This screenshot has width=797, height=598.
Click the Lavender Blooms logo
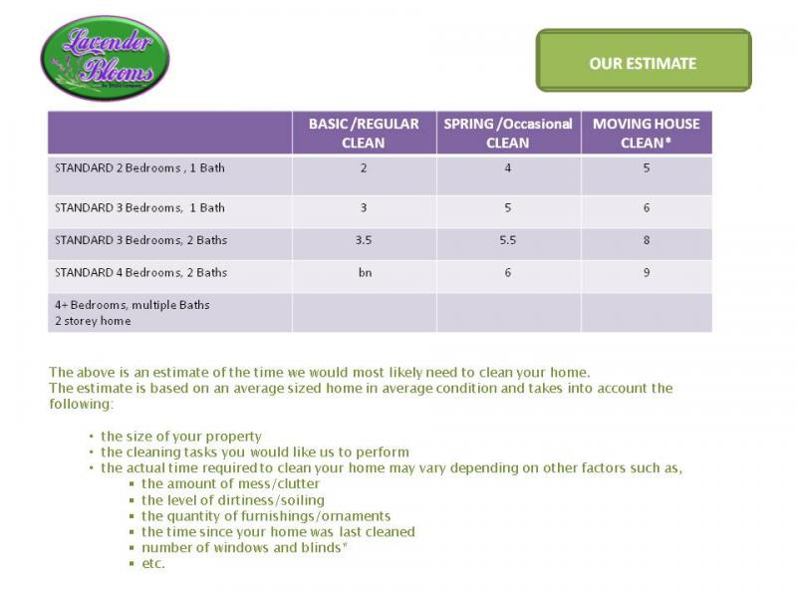(x=105, y=58)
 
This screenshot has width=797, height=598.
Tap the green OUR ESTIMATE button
(x=643, y=63)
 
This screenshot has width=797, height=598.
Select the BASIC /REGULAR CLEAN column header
(x=364, y=133)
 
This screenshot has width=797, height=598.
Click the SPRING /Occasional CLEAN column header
(x=507, y=133)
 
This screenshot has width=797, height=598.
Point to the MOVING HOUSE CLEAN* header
(x=646, y=133)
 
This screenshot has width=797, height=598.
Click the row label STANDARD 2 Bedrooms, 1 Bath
(x=139, y=167)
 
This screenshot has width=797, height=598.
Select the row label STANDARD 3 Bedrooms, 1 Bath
(x=139, y=207)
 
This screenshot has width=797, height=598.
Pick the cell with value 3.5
(x=364, y=240)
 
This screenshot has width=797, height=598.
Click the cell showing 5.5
(x=507, y=240)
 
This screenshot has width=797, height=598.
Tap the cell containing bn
(x=364, y=272)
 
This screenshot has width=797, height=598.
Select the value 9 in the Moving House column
(x=646, y=272)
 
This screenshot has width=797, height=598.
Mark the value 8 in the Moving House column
(x=646, y=240)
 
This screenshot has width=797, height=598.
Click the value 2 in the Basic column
(x=364, y=168)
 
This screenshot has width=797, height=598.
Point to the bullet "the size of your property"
(x=180, y=436)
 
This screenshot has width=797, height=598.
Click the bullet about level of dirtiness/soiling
(x=232, y=499)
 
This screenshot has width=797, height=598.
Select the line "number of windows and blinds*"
(x=244, y=547)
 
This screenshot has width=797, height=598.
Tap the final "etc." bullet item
(x=152, y=563)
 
